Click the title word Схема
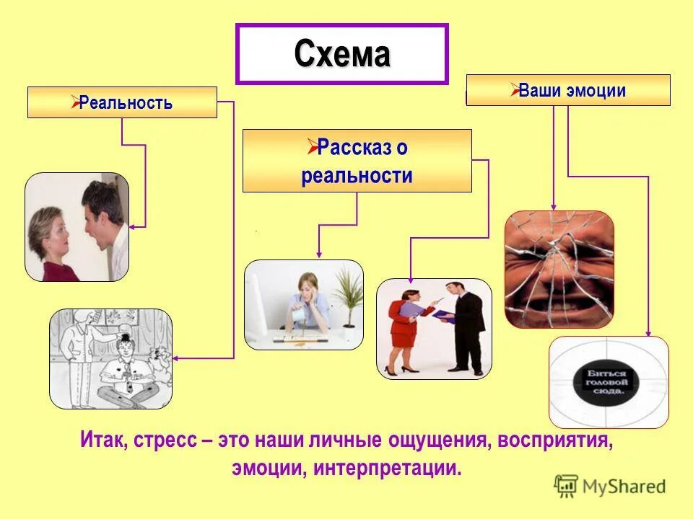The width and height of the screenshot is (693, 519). pyautogui.click(x=342, y=54)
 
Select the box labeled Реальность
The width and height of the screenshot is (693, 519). pyautogui.click(x=122, y=102)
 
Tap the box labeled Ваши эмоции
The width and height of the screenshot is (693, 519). pyautogui.click(x=568, y=90)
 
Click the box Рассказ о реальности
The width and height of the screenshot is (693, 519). pyautogui.click(x=357, y=161)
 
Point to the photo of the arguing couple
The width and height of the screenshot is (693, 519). pyautogui.click(x=77, y=227)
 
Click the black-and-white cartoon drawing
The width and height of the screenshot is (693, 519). pyautogui.click(x=110, y=358)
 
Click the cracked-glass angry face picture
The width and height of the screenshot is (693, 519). pyautogui.click(x=559, y=269)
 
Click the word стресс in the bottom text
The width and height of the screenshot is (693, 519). pyautogui.click(x=164, y=440)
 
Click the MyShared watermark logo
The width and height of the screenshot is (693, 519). pyautogui.click(x=610, y=487)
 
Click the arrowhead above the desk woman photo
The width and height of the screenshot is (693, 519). pyautogui.click(x=318, y=254)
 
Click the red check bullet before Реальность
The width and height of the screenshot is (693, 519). pyautogui.click(x=74, y=102)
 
